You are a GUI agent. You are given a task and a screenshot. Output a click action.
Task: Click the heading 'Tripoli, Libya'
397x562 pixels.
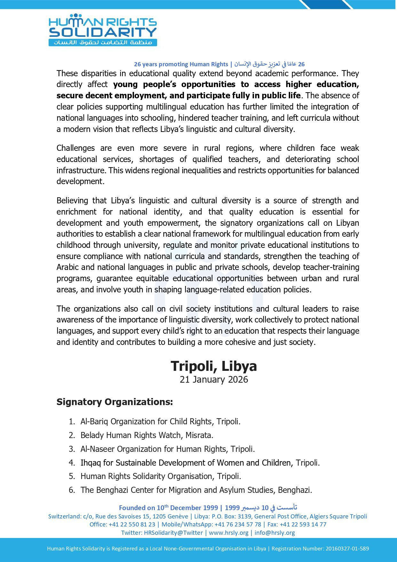click(x=213, y=366)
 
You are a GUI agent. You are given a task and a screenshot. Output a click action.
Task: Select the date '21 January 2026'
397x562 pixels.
click(x=214, y=379)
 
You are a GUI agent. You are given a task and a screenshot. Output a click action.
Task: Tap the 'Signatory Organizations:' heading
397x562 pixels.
click(x=115, y=402)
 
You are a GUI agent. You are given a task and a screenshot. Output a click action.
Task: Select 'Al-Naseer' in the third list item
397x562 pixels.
click(x=98, y=449)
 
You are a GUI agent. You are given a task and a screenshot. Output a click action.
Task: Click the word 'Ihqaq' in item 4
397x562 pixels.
click(x=91, y=463)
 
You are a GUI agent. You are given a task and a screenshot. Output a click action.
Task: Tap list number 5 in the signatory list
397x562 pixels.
click(x=72, y=476)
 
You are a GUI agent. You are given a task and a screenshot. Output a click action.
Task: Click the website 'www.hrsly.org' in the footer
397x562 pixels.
click(x=228, y=533)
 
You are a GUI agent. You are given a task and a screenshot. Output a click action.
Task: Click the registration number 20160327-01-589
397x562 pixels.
click(x=347, y=549)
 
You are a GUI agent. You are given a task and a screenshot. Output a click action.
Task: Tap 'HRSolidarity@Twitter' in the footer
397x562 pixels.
click(x=173, y=533)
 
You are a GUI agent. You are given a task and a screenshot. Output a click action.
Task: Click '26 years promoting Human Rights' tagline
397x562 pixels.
click(x=181, y=64)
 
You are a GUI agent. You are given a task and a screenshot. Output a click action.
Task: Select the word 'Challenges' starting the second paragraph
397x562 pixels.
click(x=75, y=148)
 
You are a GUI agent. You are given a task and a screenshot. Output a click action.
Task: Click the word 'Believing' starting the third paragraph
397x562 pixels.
click(x=72, y=201)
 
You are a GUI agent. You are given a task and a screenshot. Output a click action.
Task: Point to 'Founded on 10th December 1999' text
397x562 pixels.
click(x=168, y=508)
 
